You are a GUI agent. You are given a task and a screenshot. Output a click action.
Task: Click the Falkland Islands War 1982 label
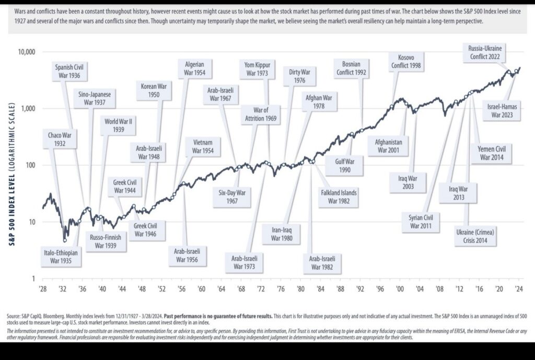pos(338,196)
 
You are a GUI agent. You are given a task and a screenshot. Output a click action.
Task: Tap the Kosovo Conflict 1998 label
pos(406,61)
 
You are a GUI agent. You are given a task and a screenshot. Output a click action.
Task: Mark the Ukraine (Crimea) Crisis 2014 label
pos(474,237)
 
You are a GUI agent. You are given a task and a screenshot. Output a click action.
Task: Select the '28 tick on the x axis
pos(42,288)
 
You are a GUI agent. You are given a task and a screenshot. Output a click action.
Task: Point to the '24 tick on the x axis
pos(519,288)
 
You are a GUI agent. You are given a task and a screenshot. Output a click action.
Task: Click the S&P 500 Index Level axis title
pos(11,165)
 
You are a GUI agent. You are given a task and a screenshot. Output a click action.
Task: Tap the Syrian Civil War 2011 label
pos(421,222)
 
